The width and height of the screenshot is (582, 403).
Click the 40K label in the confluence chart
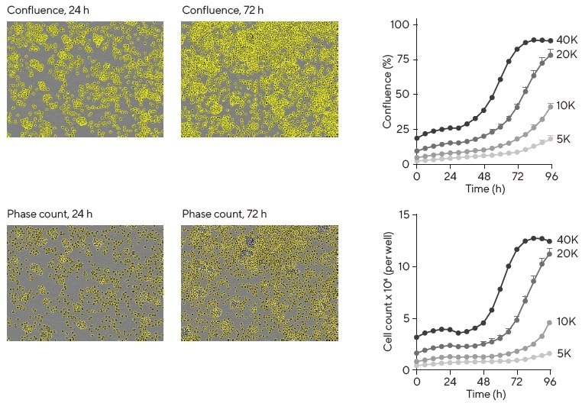click(x=566, y=40)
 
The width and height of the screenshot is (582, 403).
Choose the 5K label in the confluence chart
click(x=564, y=140)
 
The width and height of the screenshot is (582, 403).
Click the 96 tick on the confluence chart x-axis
click(x=551, y=176)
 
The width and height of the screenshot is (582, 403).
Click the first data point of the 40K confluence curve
click(x=416, y=138)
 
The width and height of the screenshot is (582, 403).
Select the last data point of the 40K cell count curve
click(x=549, y=241)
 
